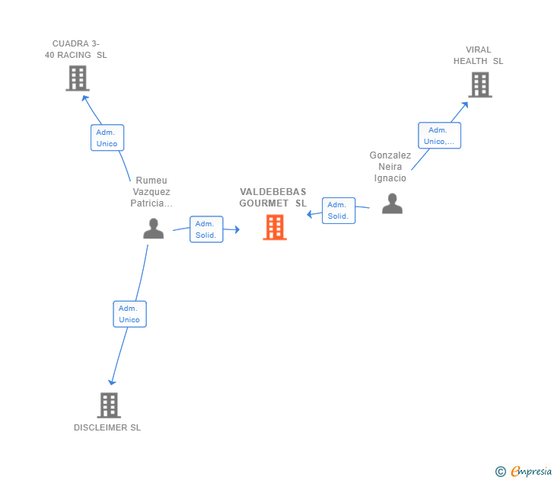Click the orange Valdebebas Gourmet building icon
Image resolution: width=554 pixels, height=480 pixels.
(275, 227)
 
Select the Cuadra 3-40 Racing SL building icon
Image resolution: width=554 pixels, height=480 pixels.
(78, 78)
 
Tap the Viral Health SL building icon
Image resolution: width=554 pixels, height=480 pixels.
(480, 85)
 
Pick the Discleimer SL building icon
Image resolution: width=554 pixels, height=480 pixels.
(109, 405)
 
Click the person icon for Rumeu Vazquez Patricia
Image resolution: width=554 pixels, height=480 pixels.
(154, 229)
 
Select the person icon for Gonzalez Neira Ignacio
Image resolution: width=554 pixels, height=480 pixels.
(392, 203)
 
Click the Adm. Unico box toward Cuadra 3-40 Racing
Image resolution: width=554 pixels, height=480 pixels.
(107, 138)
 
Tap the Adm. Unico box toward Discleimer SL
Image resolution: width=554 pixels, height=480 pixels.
(129, 314)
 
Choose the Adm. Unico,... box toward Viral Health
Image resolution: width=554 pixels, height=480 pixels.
(440, 136)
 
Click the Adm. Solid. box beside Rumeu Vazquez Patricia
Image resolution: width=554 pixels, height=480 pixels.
(206, 229)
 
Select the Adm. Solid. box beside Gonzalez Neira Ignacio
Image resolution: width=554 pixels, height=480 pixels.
(339, 210)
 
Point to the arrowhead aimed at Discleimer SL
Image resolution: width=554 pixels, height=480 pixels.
(112, 382)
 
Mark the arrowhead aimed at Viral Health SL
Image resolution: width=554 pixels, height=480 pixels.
(465, 104)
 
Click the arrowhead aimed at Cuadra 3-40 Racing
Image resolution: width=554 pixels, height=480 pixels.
(84, 98)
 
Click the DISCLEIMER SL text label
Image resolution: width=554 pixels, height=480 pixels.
(107, 427)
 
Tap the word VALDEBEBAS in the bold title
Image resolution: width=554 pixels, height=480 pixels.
(272, 192)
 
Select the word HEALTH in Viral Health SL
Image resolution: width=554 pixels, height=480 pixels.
(470, 61)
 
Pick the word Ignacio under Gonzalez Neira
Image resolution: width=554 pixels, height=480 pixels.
(390, 178)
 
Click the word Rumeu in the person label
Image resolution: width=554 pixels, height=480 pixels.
(151, 181)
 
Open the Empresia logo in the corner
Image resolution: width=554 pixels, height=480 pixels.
(524, 471)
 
